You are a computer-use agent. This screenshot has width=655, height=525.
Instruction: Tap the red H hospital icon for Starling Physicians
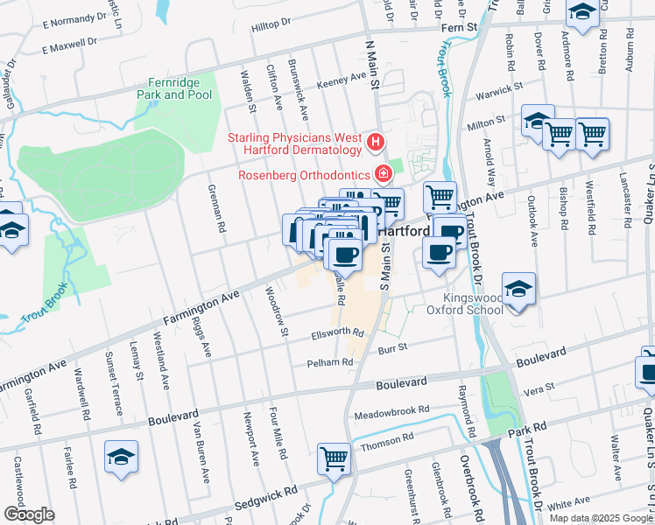[376, 140]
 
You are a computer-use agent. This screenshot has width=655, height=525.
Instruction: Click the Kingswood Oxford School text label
[465, 303]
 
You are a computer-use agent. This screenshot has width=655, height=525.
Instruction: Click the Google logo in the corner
[28, 514]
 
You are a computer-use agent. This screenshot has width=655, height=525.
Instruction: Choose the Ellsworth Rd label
[337, 333]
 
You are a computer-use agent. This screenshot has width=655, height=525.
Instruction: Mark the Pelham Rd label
[327, 362]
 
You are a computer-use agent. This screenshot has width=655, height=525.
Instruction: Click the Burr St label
[392, 347]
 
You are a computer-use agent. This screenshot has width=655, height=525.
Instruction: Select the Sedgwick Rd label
[201, 506]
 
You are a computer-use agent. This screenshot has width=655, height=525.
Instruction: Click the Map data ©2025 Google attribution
[600, 518]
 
